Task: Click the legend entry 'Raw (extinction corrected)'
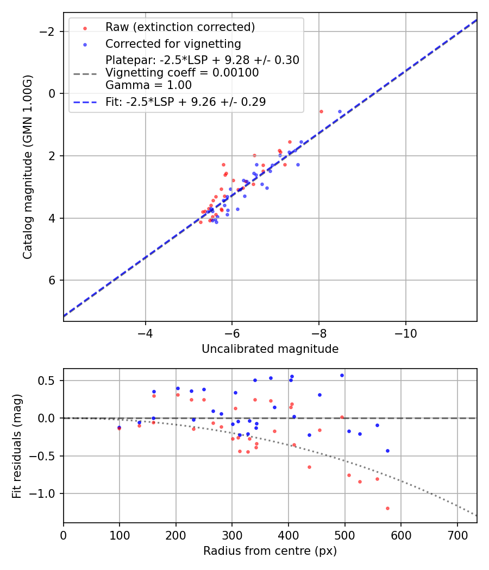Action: [x=180, y=27]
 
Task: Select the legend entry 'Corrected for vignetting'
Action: [x=173, y=44]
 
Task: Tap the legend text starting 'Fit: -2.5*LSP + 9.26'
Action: [x=185, y=102]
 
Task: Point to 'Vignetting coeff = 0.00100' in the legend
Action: [x=182, y=73]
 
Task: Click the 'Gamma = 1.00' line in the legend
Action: [x=148, y=85]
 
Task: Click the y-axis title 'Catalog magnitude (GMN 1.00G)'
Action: [x=27, y=167]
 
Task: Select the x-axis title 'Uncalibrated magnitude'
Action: [x=270, y=349]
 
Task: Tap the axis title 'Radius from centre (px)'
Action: [x=270, y=551]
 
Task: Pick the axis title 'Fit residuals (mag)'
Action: [x=16, y=446]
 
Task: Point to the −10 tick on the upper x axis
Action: [x=405, y=333]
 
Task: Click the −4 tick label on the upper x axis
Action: [x=145, y=333]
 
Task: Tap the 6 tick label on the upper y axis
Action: [x=53, y=280]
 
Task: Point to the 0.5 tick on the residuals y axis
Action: [x=49, y=381]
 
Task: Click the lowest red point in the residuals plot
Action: [x=387, y=508]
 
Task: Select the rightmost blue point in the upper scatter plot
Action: [x=340, y=111]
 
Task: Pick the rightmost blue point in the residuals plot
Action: [x=387, y=451]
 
